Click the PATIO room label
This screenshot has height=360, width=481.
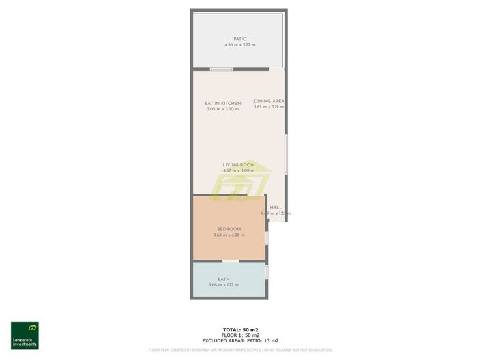coord(239,39)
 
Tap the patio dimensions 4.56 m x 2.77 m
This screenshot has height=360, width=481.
coord(239,45)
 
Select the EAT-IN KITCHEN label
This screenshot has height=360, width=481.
coord(223,103)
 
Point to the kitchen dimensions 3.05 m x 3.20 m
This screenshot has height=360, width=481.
coord(223,109)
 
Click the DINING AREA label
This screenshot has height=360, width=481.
coord(269,101)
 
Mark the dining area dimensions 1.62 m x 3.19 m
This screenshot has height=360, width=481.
coord(269,107)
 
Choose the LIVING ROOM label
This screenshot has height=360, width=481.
coord(239,164)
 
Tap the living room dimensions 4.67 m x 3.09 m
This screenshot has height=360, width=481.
coord(239,170)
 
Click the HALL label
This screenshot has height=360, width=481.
coord(276,207)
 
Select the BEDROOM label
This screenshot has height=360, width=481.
coord(229,229)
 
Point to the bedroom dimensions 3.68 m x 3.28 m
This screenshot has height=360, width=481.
coord(229,235)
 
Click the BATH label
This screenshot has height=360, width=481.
coord(224,279)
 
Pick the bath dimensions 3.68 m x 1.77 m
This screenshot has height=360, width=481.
coord(224,285)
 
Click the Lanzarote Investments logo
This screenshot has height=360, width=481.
coord(25,335)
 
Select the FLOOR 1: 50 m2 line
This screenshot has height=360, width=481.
coord(240,335)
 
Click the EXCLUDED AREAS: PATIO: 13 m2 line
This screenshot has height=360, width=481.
coord(240,341)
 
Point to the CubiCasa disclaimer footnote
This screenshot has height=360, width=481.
coord(240,350)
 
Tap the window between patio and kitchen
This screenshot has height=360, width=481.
coord(221,69)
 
